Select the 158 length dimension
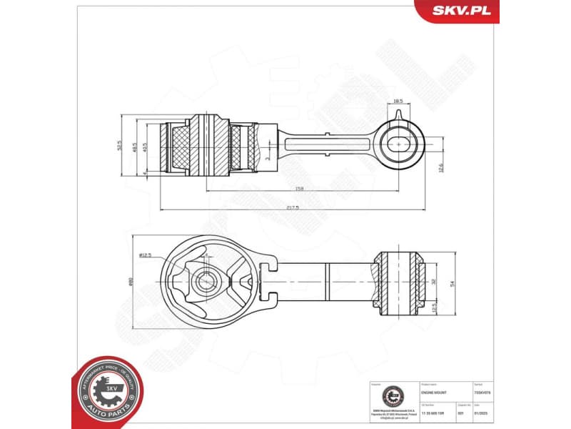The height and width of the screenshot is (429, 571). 300,189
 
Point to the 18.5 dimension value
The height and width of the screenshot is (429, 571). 398,102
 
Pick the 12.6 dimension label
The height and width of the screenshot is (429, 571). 440,167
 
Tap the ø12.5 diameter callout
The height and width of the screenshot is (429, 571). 146,255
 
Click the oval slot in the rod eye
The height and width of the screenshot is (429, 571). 399,144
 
